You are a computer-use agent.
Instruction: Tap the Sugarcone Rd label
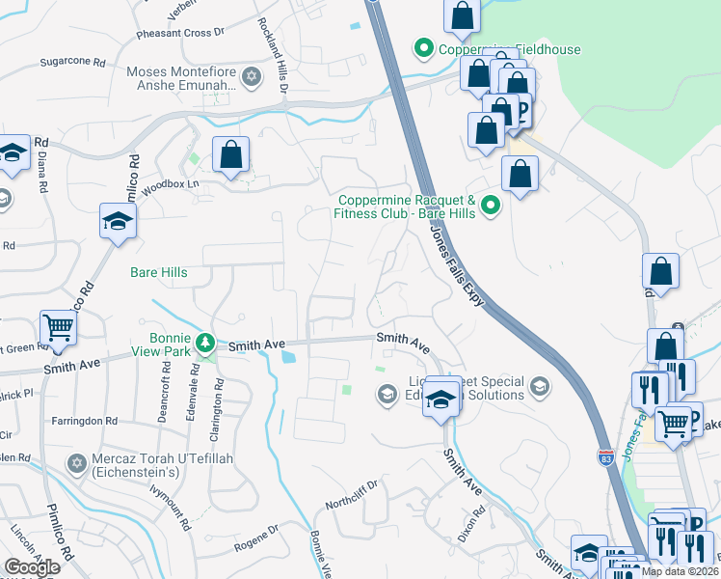tap(72, 61)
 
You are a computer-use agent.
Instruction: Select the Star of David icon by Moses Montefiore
tap(252, 76)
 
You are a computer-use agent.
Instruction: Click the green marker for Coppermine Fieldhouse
tap(422, 47)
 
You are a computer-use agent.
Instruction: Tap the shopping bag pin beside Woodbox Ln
tap(231, 154)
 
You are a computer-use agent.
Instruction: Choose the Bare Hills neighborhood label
tap(159, 273)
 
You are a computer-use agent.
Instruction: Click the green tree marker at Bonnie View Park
tap(204, 343)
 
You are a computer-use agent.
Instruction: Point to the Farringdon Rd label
tap(85, 422)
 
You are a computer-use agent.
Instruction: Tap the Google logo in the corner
tap(32, 567)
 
